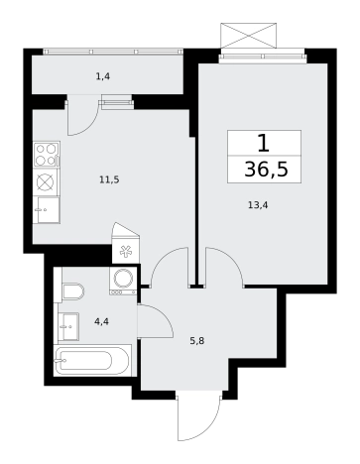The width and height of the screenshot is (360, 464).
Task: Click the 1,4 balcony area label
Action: (103, 76)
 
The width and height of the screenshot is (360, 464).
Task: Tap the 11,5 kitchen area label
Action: (109, 180)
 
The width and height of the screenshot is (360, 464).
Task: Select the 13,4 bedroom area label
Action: (258, 205)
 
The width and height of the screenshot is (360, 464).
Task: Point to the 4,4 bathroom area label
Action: (101, 321)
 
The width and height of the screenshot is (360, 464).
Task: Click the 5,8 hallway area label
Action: (197, 341)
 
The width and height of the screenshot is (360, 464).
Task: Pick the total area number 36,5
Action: (267, 170)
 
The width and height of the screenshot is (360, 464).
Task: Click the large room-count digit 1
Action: (264, 144)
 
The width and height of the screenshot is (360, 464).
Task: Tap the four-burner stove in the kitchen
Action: (47, 155)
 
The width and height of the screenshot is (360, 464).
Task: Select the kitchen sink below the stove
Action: (46, 210)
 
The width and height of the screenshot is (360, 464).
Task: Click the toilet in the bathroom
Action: (73, 291)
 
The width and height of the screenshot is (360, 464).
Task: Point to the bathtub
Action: (91, 361)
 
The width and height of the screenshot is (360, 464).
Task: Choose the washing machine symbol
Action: (123, 281)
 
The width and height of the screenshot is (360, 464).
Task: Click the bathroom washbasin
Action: (68, 326)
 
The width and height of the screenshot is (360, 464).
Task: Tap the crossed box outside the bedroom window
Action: (248, 36)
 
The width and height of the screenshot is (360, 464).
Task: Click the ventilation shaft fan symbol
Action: (126, 252)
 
